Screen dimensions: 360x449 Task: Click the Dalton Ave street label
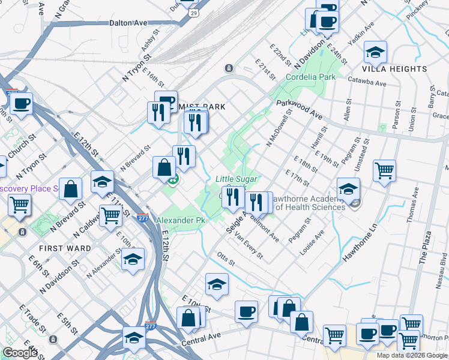(x=128, y=23)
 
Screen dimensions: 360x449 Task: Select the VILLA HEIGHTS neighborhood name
(x=396, y=69)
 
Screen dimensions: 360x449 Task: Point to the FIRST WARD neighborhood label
(x=65, y=248)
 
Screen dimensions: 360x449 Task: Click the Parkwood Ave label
(x=300, y=110)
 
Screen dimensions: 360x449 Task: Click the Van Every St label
(x=249, y=245)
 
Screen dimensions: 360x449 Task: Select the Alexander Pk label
(x=181, y=221)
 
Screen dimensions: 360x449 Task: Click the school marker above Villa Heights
(x=375, y=53)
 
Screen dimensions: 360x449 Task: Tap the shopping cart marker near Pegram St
(x=384, y=170)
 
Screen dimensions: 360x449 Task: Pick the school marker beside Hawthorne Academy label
(x=348, y=188)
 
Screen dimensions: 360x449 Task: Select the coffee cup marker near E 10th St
(x=246, y=311)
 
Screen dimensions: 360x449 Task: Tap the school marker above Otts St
(x=217, y=284)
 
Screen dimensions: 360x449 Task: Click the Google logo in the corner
(x=20, y=353)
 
